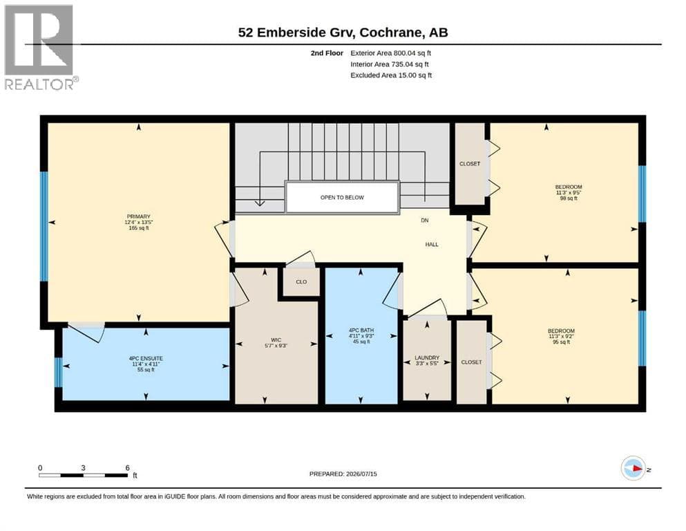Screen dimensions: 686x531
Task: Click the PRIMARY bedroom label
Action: (x=139, y=216)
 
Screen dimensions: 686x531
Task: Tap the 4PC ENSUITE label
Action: (x=146, y=358)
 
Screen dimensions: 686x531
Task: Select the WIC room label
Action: (x=276, y=339)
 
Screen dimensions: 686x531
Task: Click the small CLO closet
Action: (x=301, y=282)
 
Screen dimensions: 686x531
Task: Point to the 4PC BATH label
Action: (x=361, y=330)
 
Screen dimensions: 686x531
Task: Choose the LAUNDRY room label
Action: (x=427, y=357)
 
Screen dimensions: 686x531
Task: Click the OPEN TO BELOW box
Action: (x=342, y=198)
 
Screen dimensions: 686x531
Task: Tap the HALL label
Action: (x=432, y=244)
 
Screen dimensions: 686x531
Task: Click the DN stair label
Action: (x=424, y=220)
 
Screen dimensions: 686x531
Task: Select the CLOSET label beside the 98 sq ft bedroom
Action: (x=470, y=164)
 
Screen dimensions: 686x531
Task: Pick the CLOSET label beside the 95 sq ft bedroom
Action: (x=472, y=362)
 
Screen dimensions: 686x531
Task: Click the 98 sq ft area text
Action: (x=569, y=198)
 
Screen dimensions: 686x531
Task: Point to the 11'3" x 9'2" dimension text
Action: (x=562, y=337)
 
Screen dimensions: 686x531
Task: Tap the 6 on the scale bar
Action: (x=127, y=468)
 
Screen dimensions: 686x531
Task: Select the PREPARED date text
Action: (x=343, y=474)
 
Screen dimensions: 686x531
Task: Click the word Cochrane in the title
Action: (x=392, y=32)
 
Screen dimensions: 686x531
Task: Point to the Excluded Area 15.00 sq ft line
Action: (x=391, y=75)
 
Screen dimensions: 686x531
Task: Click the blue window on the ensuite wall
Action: (x=58, y=373)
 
